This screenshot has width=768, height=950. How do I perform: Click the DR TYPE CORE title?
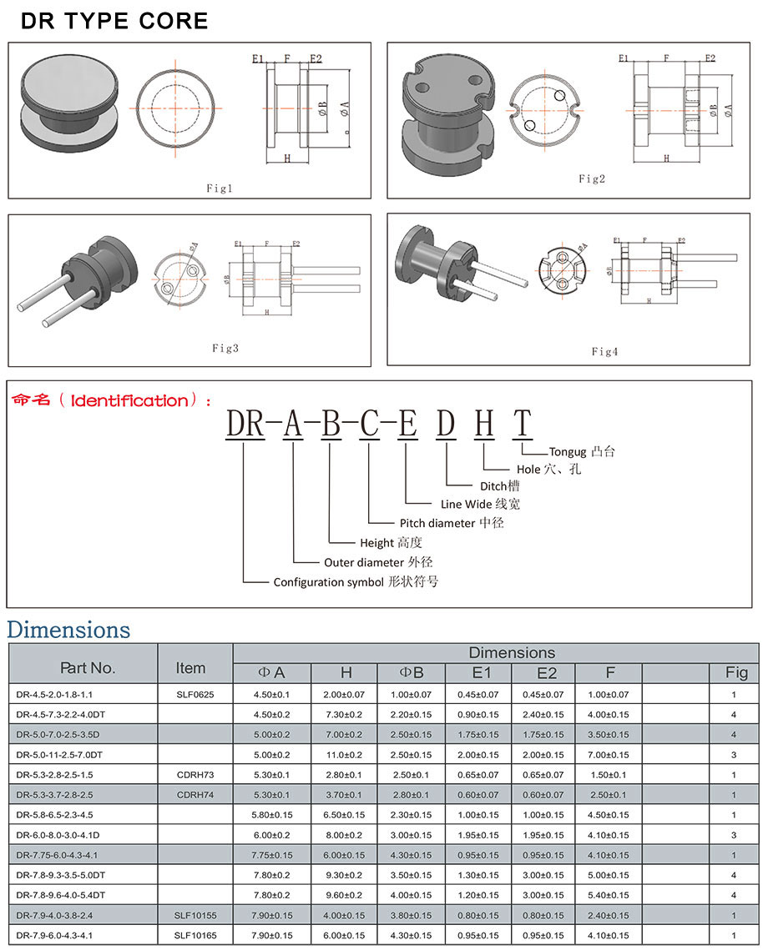[x=114, y=21]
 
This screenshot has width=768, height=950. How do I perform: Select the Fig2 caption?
[x=591, y=178]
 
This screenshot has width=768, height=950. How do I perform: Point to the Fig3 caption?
[x=225, y=348]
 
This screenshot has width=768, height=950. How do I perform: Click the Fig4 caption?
[x=604, y=352]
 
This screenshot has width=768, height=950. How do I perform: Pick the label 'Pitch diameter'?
[x=438, y=523]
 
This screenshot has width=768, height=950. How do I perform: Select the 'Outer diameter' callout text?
[x=364, y=562]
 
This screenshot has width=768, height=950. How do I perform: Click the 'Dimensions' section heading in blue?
[x=68, y=629]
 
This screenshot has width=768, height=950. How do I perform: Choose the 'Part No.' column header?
[x=88, y=668]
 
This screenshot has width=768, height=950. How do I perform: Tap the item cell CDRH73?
[x=195, y=775]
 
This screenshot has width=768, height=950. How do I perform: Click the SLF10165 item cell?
[x=195, y=936]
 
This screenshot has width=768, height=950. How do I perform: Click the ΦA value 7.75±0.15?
[x=273, y=855]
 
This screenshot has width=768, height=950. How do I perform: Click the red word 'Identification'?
[x=129, y=401]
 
